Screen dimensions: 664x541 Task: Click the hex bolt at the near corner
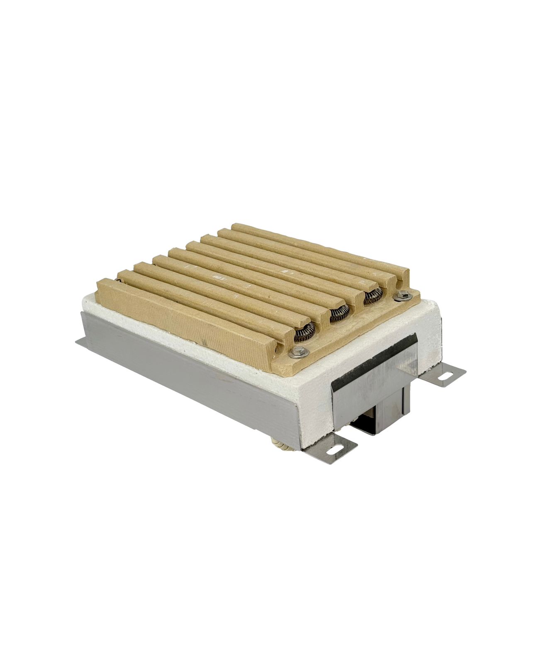pyautogui.click(x=297, y=352)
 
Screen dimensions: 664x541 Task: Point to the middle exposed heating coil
pyautogui.click(x=339, y=314)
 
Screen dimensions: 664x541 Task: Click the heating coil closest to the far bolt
pyautogui.click(x=372, y=295)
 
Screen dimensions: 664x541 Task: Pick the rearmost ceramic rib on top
pyautogui.click(x=319, y=245)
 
